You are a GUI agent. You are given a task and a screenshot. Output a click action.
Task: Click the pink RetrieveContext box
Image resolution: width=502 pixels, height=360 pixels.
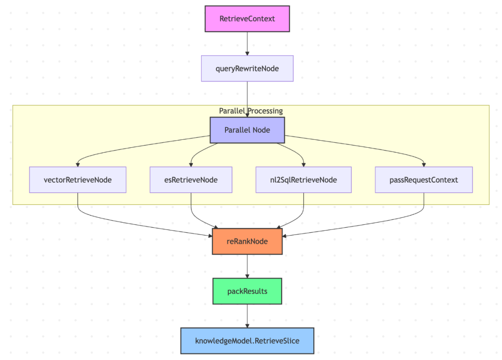click(x=247, y=19)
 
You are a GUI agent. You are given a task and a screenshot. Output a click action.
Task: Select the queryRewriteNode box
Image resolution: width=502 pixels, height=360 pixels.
click(x=247, y=68)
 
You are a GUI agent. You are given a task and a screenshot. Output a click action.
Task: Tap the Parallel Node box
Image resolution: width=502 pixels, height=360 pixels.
click(x=247, y=130)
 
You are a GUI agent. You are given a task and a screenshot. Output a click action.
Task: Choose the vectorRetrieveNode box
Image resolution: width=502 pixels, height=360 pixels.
click(x=78, y=180)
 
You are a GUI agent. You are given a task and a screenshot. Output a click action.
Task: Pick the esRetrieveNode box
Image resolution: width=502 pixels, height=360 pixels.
click(x=191, y=180)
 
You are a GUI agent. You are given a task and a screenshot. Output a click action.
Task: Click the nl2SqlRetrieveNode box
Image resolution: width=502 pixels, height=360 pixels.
click(x=304, y=180)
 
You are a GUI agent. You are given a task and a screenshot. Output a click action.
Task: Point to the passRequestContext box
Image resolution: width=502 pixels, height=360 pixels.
click(x=424, y=180)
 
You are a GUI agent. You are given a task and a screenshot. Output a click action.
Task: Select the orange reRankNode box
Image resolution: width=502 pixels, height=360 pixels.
click(x=247, y=241)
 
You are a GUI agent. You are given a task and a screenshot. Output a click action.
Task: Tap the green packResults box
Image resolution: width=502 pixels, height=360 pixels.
click(x=247, y=291)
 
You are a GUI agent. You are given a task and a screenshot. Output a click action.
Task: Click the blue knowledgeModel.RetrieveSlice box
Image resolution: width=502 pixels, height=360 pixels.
click(x=247, y=341)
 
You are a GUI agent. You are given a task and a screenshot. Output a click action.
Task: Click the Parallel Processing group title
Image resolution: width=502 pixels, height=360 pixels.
click(x=251, y=111)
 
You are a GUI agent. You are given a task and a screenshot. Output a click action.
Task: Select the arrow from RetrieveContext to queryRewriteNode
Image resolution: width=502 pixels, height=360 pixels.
click(x=247, y=44)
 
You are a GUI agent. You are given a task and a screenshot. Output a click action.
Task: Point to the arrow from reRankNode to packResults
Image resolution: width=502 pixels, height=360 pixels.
click(x=247, y=266)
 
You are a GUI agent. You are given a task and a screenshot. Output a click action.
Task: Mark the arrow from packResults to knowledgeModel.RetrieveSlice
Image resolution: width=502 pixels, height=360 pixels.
click(x=247, y=316)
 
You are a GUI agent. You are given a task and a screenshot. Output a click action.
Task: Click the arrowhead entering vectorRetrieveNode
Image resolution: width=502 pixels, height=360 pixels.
click(x=78, y=165)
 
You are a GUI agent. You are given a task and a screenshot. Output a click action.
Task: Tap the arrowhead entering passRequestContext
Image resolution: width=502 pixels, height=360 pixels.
click(x=424, y=165)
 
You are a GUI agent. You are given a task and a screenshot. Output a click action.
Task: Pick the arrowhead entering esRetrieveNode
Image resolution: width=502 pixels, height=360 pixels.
click(x=191, y=165)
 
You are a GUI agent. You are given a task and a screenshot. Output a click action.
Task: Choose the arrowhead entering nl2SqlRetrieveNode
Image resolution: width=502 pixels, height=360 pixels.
click(x=304, y=165)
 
